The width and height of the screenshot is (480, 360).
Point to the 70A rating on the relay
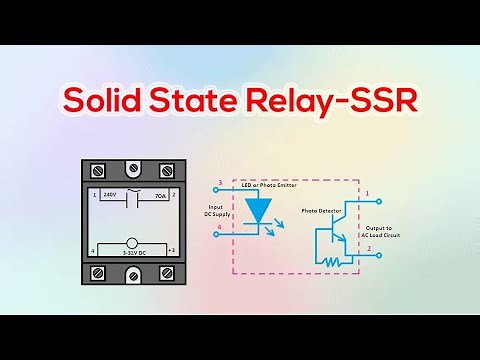(160, 196)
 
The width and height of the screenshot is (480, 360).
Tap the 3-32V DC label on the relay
(134, 254)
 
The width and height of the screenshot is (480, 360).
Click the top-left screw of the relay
(99, 171)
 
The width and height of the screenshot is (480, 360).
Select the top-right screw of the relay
(169, 171)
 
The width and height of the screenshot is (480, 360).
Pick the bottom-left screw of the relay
(99, 272)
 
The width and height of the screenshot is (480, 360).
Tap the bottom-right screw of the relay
(169, 272)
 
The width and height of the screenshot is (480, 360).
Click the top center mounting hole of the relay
(134, 169)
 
